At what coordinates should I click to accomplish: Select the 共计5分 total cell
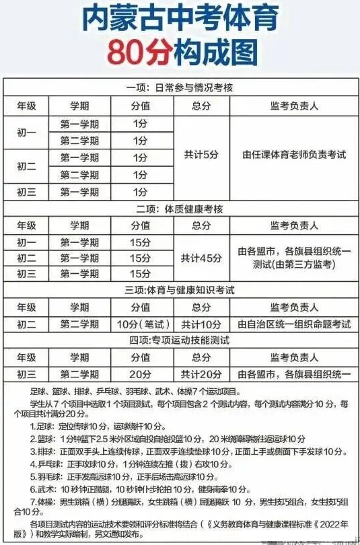[x=201, y=155]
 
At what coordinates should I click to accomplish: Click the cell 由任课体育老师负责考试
[x=293, y=155]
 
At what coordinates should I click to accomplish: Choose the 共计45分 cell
[x=201, y=258]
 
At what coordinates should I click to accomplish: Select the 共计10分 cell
[x=201, y=324]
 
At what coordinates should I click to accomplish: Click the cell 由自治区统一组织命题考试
[x=293, y=324]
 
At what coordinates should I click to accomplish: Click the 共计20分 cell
[x=201, y=373]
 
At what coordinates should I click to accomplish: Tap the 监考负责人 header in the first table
[x=293, y=106]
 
